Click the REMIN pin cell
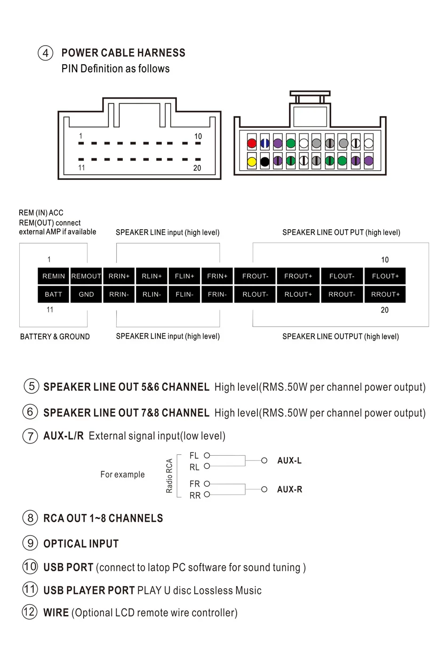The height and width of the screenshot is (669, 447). [x=54, y=276]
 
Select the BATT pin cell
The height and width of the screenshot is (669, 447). [x=54, y=295]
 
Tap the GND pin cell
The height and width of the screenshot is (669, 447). [x=86, y=295]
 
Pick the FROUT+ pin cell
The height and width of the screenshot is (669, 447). [x=298, y=276]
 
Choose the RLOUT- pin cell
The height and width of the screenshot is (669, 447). [x=255, y=295]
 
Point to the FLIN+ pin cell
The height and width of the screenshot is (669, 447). [x=184, y=276]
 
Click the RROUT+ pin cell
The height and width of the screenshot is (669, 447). [x=385, y=295]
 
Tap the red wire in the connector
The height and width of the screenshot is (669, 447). [x=252, y=143]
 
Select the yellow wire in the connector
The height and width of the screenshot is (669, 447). [x=252, y=162]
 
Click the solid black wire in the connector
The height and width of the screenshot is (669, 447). [x=265, y=162]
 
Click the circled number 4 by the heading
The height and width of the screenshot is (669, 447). [x=45, y=53]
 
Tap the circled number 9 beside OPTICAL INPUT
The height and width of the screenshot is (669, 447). [x=30, y=543]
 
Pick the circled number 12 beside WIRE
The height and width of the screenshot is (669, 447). [x=30, y=612]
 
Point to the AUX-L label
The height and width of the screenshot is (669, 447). [x=289, y=461]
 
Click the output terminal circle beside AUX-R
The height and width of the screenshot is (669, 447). [x=264, y=490]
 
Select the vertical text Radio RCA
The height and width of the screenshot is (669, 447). [x=169, y=475]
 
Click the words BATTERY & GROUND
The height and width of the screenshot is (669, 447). [x=55, y=337]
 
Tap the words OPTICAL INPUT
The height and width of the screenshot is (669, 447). [x=81, y=544]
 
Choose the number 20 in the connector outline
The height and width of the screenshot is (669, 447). [x=197, y=168]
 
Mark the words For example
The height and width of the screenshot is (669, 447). [x=122, y=475]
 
